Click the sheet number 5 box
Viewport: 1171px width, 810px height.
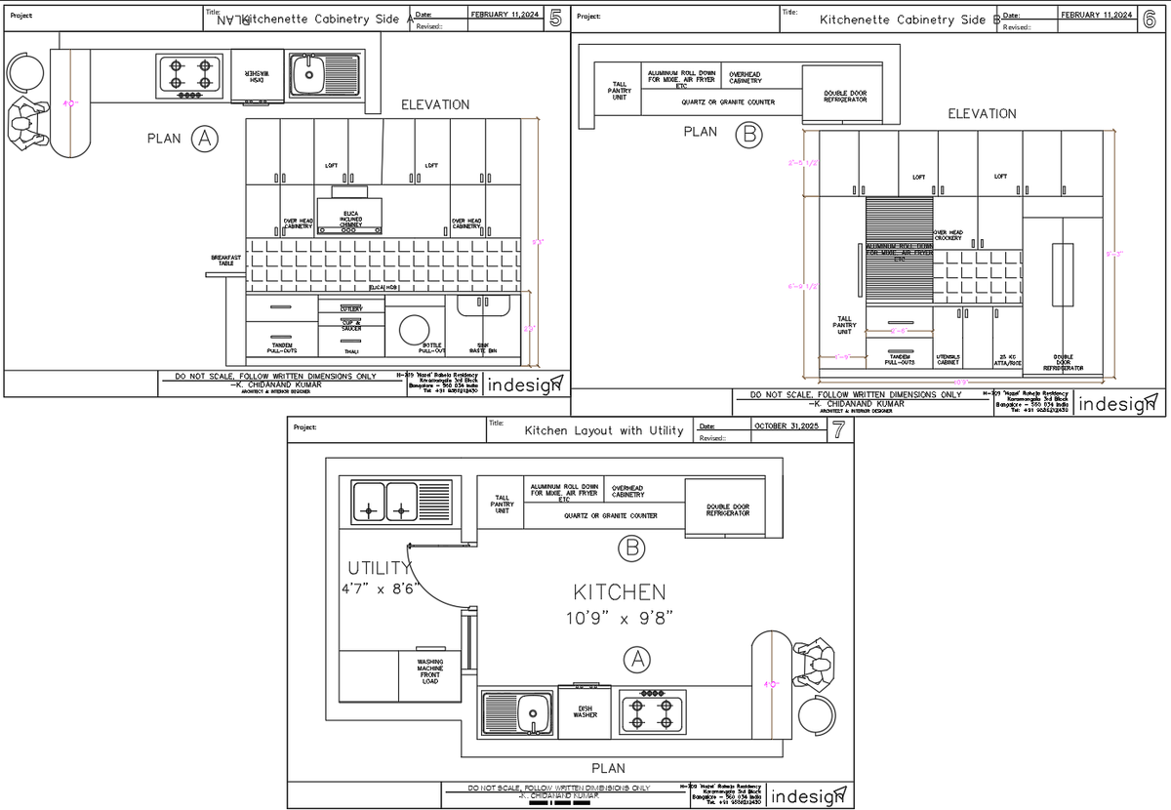point(555,18)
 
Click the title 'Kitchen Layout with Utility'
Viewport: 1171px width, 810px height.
point(604,430)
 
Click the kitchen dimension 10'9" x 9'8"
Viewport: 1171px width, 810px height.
point(620,617)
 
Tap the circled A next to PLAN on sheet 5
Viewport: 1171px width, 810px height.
point(204,139)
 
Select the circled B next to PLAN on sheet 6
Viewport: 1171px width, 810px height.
point(747,134)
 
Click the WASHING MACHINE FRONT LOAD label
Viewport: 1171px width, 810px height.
point(430,671)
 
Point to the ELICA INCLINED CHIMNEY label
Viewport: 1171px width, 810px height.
point(351,219)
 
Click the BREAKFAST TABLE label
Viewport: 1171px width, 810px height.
point(225,261)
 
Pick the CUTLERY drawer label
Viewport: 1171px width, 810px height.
point(351,308)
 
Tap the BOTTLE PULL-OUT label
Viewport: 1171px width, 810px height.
point(431,347)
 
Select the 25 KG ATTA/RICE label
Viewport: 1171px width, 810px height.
point(1007,360)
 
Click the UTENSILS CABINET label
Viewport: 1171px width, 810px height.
point(949,360)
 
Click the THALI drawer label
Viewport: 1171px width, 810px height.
point(351,351)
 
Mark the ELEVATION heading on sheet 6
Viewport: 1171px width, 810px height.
point(982,114)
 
